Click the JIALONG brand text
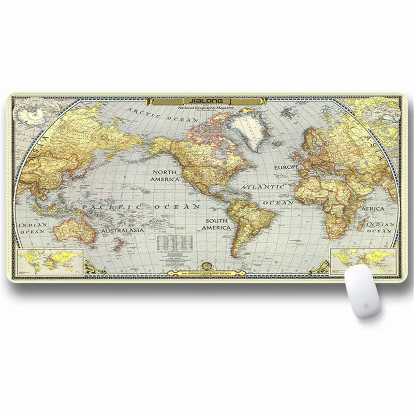click(x=206, y=102)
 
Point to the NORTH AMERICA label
click(x=165, y=175)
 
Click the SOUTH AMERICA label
click(x=216, y=224)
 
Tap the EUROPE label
click(x=287, y=168)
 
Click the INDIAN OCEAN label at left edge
click(x=33, y=229)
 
